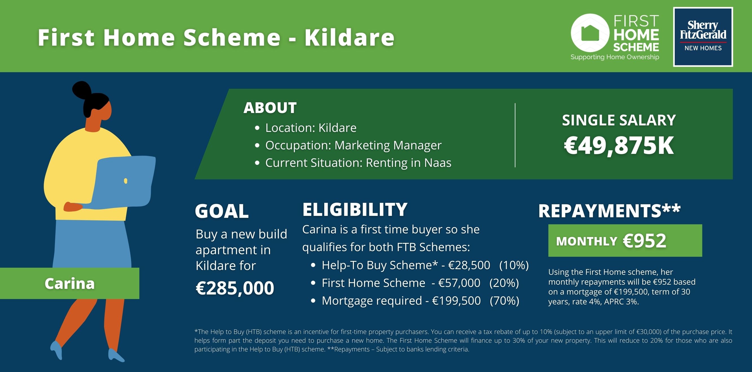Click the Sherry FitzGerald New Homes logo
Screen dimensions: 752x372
coord(703,37)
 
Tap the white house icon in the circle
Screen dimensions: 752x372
coord(590,33)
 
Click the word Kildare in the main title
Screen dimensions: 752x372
coord(349,38)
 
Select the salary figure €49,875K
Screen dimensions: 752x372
coord(619,146)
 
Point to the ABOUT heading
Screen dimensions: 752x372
coord(270,108)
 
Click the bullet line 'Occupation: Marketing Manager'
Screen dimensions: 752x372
coord(353,145)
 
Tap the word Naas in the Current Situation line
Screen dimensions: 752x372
coord(438,163)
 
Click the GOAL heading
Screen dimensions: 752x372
coord(222,211)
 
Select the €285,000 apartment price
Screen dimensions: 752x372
coord(235,288)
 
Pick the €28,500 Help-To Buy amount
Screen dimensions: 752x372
coord(469,265)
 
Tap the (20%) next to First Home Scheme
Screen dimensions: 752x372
coord(504,283)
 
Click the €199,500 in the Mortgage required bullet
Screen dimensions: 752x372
coord(456,301)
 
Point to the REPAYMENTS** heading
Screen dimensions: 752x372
coord(610,211)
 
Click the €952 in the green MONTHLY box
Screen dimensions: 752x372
coord(645,241)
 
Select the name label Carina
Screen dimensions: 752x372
coord(69,283)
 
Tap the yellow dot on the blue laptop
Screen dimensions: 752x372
coord(125,181)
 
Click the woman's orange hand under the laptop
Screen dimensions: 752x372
coord(73,207)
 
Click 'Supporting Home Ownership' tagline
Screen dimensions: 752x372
coord(615,57)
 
